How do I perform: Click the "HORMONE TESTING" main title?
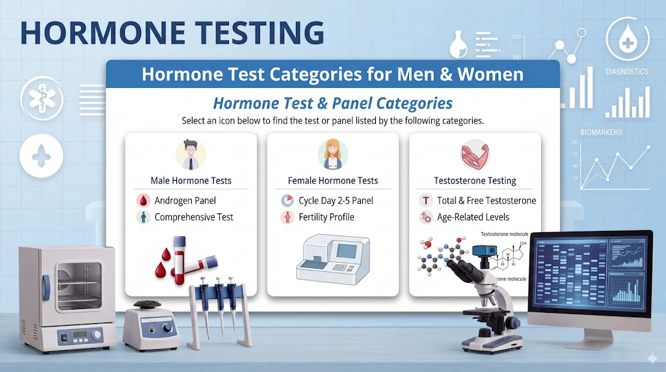(x=172, y=33)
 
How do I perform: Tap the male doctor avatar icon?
(x=191, y=154)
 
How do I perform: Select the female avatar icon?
(x=332, y=154)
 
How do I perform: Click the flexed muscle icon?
(x=474, y=154)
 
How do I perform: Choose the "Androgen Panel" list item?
(x=185, y=200)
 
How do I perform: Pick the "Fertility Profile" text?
(x=326, y=217)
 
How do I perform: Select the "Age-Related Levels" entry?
(x=472, y=217)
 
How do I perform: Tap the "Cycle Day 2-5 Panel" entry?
(x=336, y=200)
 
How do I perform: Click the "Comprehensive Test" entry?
(x=194, y=217)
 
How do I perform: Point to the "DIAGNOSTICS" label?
(x=626, y=72)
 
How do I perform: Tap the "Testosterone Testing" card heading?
(x=475, y=181)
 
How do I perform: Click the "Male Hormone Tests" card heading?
(x=191, y=181)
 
